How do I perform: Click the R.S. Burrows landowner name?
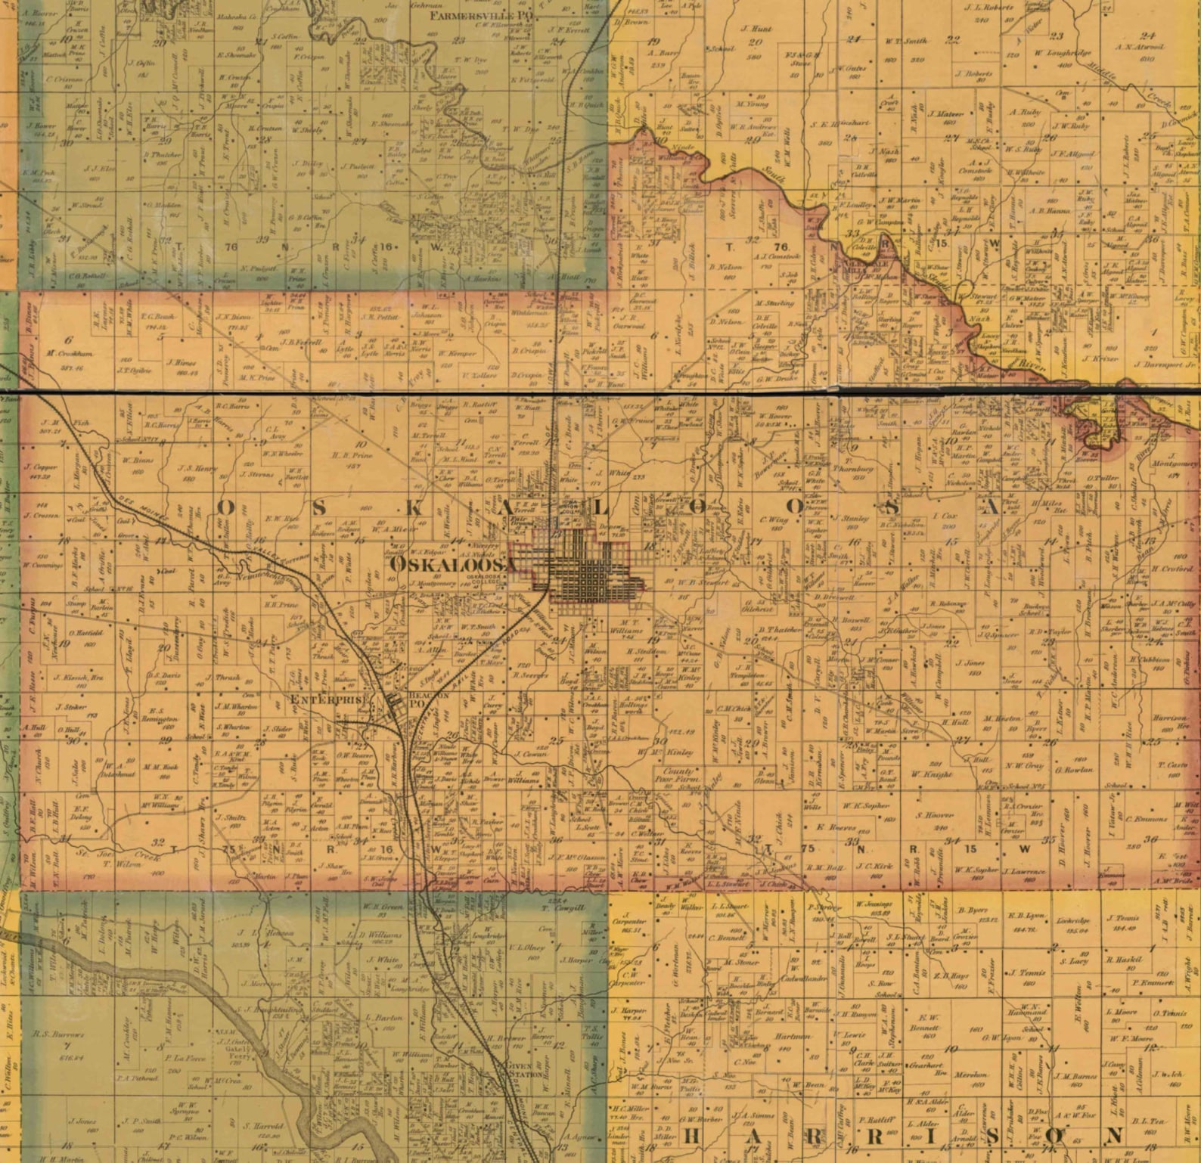(58, 1034)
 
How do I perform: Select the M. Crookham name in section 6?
(64, 353)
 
